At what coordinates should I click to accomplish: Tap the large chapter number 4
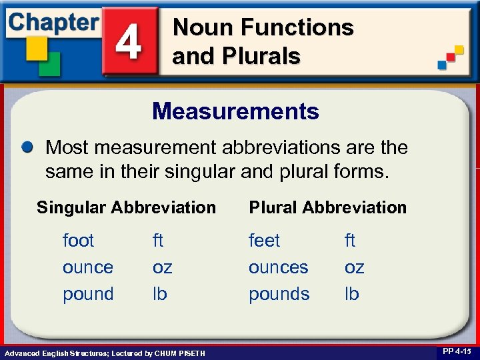(x=129, y=41)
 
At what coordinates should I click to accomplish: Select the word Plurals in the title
(x=261, y=56)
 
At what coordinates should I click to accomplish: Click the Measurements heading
(x=235, y=111)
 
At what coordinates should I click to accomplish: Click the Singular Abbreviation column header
(x=126, y=207)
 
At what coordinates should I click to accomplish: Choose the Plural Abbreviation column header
(x=327, y=207)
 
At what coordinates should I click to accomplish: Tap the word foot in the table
(x=78, y=240)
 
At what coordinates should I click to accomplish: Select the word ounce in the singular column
(x=87, y=267)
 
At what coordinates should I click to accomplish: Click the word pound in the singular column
(x=88, y=294)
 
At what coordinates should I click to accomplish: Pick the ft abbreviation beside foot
(x=158, y=240)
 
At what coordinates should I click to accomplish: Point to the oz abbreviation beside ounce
(x=162, y=267)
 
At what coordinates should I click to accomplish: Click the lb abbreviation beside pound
(x=159, y=294)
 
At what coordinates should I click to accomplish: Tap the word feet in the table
(x=264, y=240)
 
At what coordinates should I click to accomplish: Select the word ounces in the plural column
(x=278, y=267)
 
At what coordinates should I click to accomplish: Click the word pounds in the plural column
(x=279, y=294)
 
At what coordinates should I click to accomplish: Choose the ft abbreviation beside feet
(x=350, y=240)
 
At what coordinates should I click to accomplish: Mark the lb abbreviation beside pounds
(x=351, y=294)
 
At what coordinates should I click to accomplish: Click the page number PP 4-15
(x=456, y=351)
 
